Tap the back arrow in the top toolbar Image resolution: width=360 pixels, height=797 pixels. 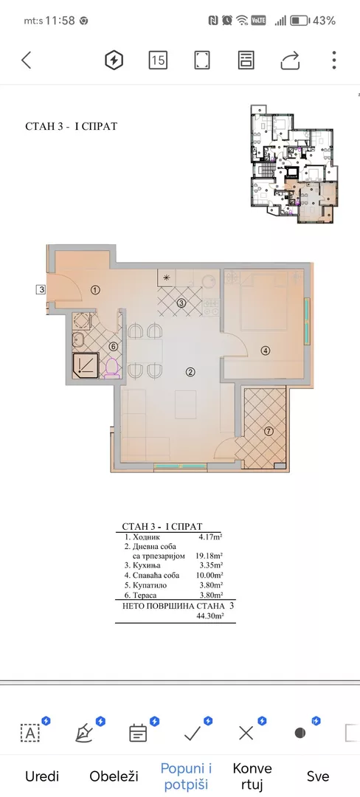(27, 61)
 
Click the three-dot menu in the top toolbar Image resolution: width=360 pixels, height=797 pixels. (334, 61)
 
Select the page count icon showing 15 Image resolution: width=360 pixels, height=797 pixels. (157, 61)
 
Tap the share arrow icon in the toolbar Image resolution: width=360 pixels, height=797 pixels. (290, 61)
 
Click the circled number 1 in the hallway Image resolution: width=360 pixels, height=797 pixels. (95, 290)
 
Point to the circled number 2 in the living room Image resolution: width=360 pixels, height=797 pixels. (190, 372)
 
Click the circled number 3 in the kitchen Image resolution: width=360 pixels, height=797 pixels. (181, 303)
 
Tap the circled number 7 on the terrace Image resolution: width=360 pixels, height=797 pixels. (269, 431)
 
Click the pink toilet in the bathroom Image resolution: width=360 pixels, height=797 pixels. (111, 368)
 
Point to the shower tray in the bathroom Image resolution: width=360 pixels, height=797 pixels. (88, 364)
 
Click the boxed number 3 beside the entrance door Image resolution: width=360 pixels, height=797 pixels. (42, 289)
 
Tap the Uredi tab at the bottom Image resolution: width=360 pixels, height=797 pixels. (42, 776)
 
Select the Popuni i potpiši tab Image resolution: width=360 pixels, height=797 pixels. (186, 776)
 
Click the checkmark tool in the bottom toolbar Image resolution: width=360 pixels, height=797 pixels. (193, 732)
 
